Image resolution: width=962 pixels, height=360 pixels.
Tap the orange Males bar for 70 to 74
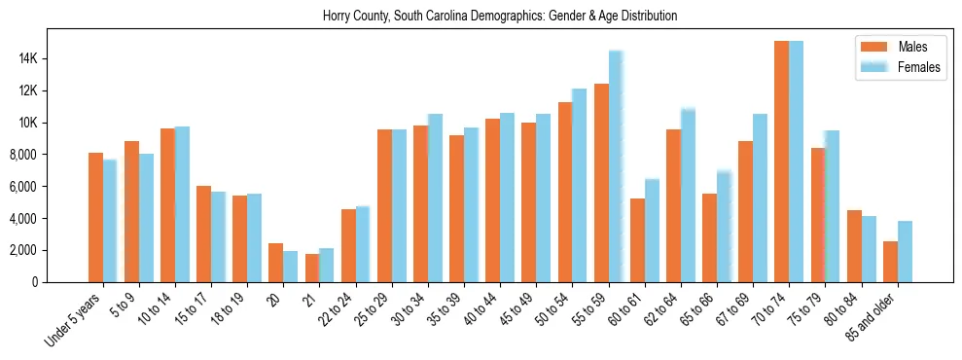pyautogui.click(x=781, y=162)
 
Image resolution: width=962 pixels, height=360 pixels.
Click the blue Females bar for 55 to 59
pyautogui.click(x=616, y=166)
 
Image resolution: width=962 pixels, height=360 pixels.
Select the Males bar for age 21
pyautogui.click(x=312, y=268)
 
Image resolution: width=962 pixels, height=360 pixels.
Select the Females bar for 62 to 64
pyautogui.click(x=688, y=195)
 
